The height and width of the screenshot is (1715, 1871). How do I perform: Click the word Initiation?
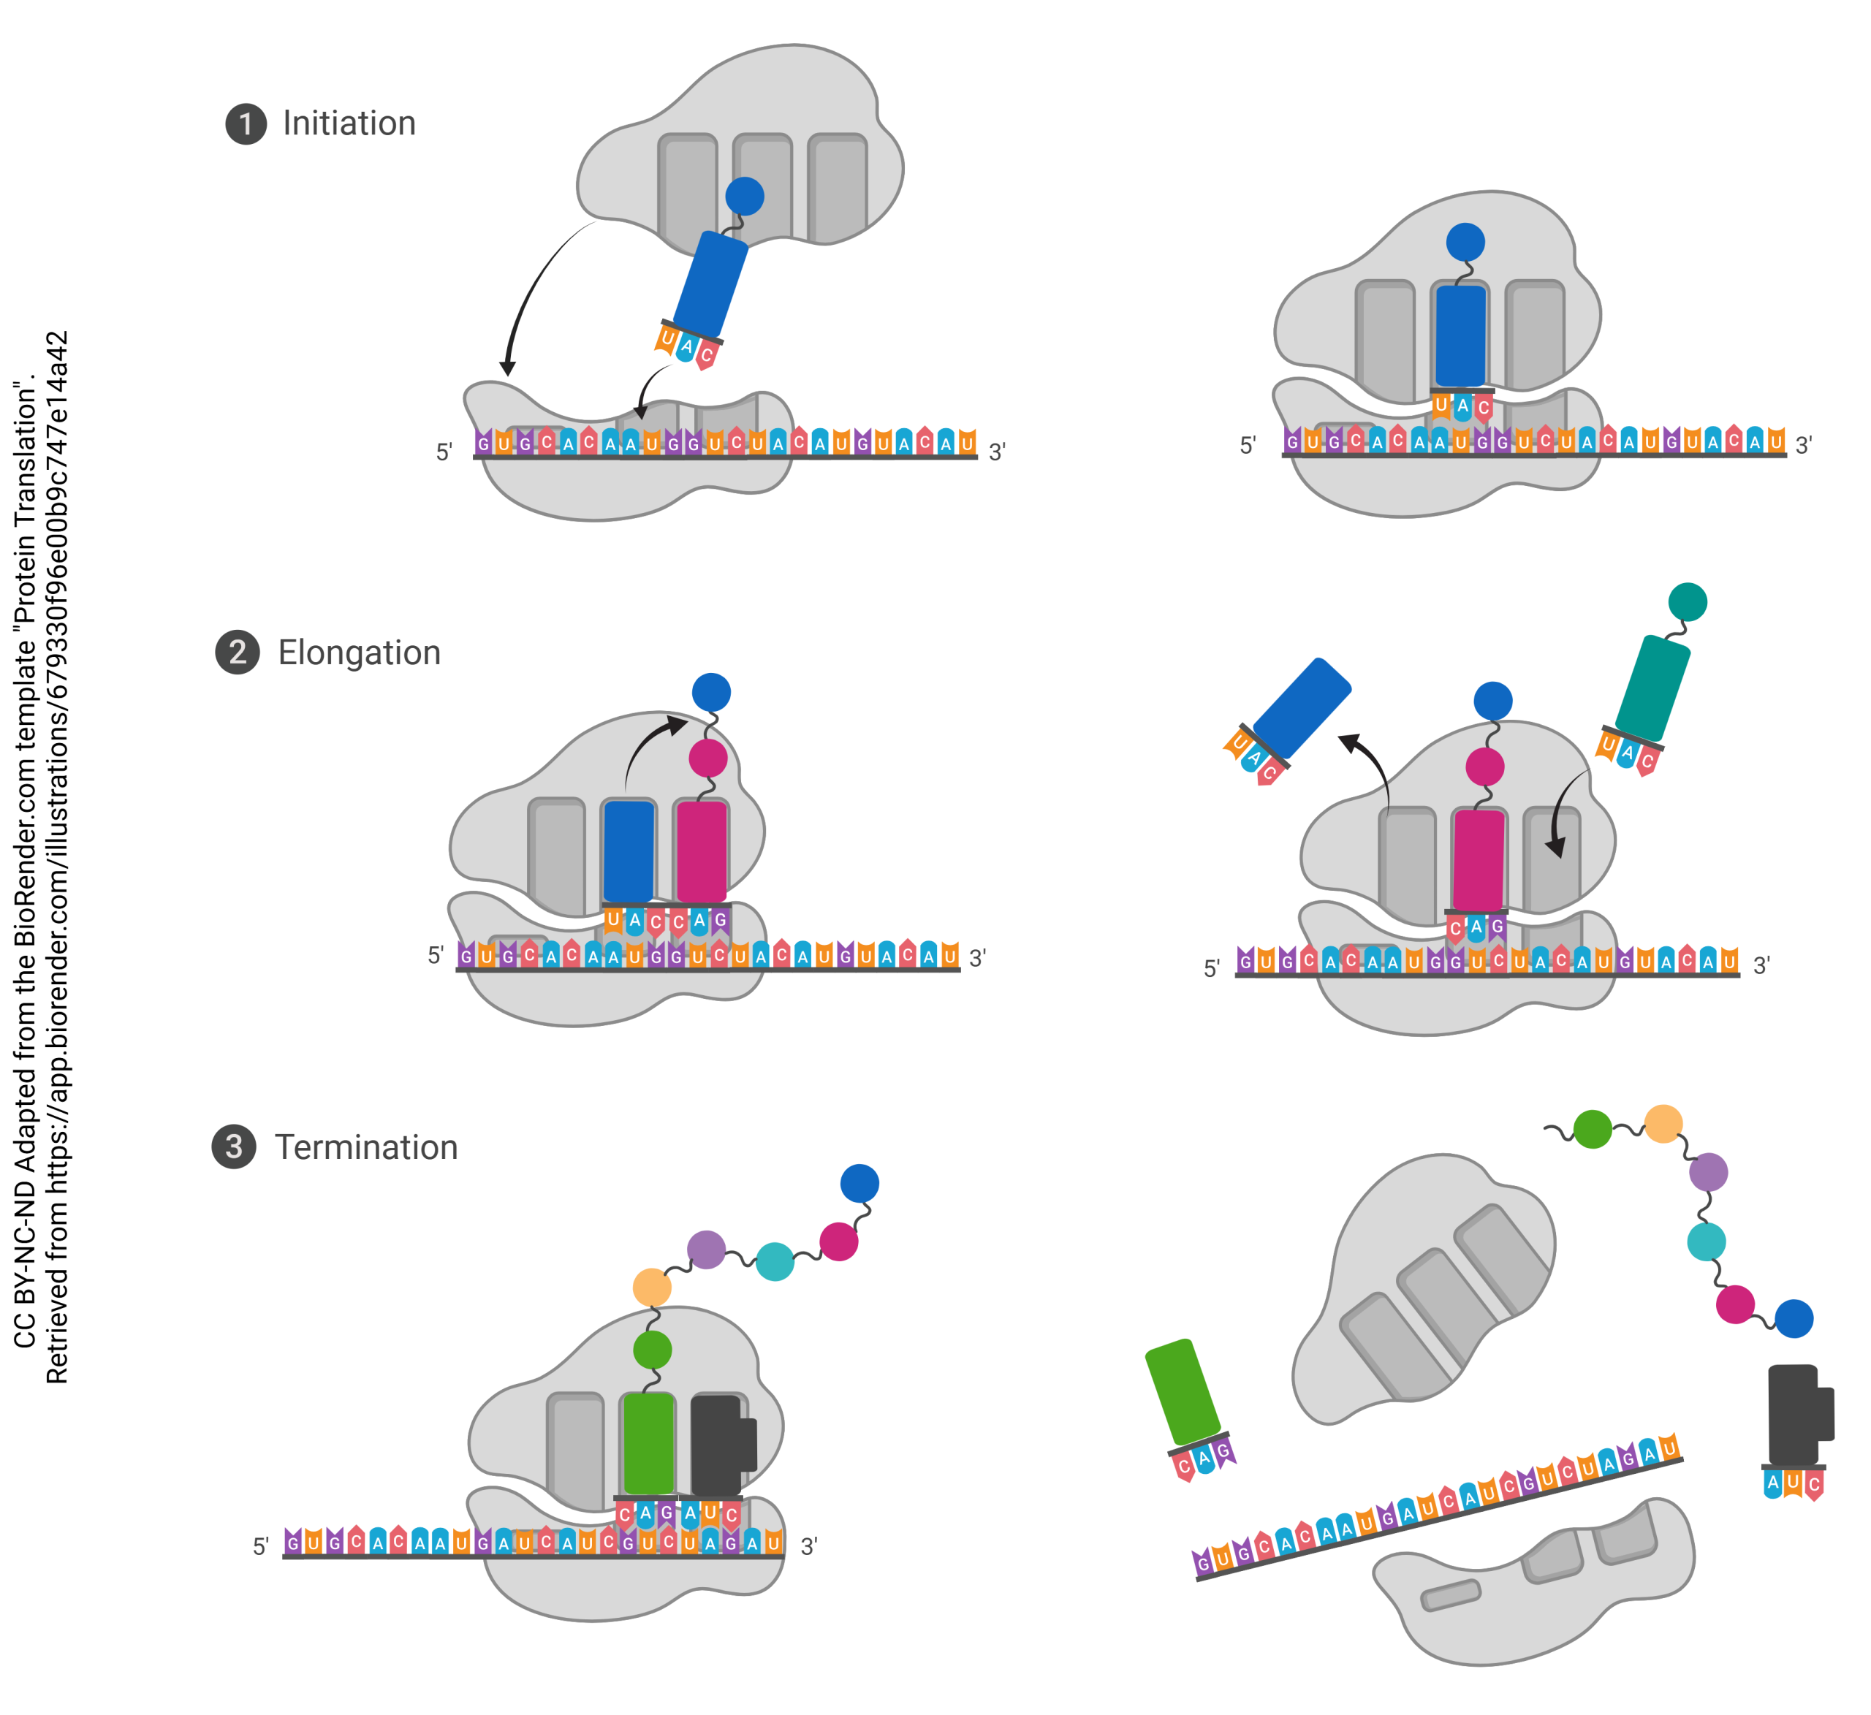(x=349, y=123)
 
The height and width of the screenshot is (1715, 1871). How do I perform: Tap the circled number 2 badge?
(x=238, y=653)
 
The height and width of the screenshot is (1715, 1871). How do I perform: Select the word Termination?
(x=367, y=1148)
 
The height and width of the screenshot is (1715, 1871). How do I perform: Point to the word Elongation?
(x=359, y=653)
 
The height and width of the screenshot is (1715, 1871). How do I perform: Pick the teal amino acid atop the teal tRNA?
(x=1688, y=602)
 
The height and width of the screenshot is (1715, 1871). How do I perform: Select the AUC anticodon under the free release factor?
(x=1793, y=1482)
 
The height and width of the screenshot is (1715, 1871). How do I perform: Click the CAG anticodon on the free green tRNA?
(x=1204, y=1458)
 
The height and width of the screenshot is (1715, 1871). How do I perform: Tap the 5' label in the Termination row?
(x=261, y=1546)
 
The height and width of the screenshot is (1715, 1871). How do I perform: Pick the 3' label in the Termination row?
(x=808, y=1546)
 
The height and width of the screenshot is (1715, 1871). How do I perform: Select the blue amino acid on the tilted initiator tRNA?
(x=744, y=196)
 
